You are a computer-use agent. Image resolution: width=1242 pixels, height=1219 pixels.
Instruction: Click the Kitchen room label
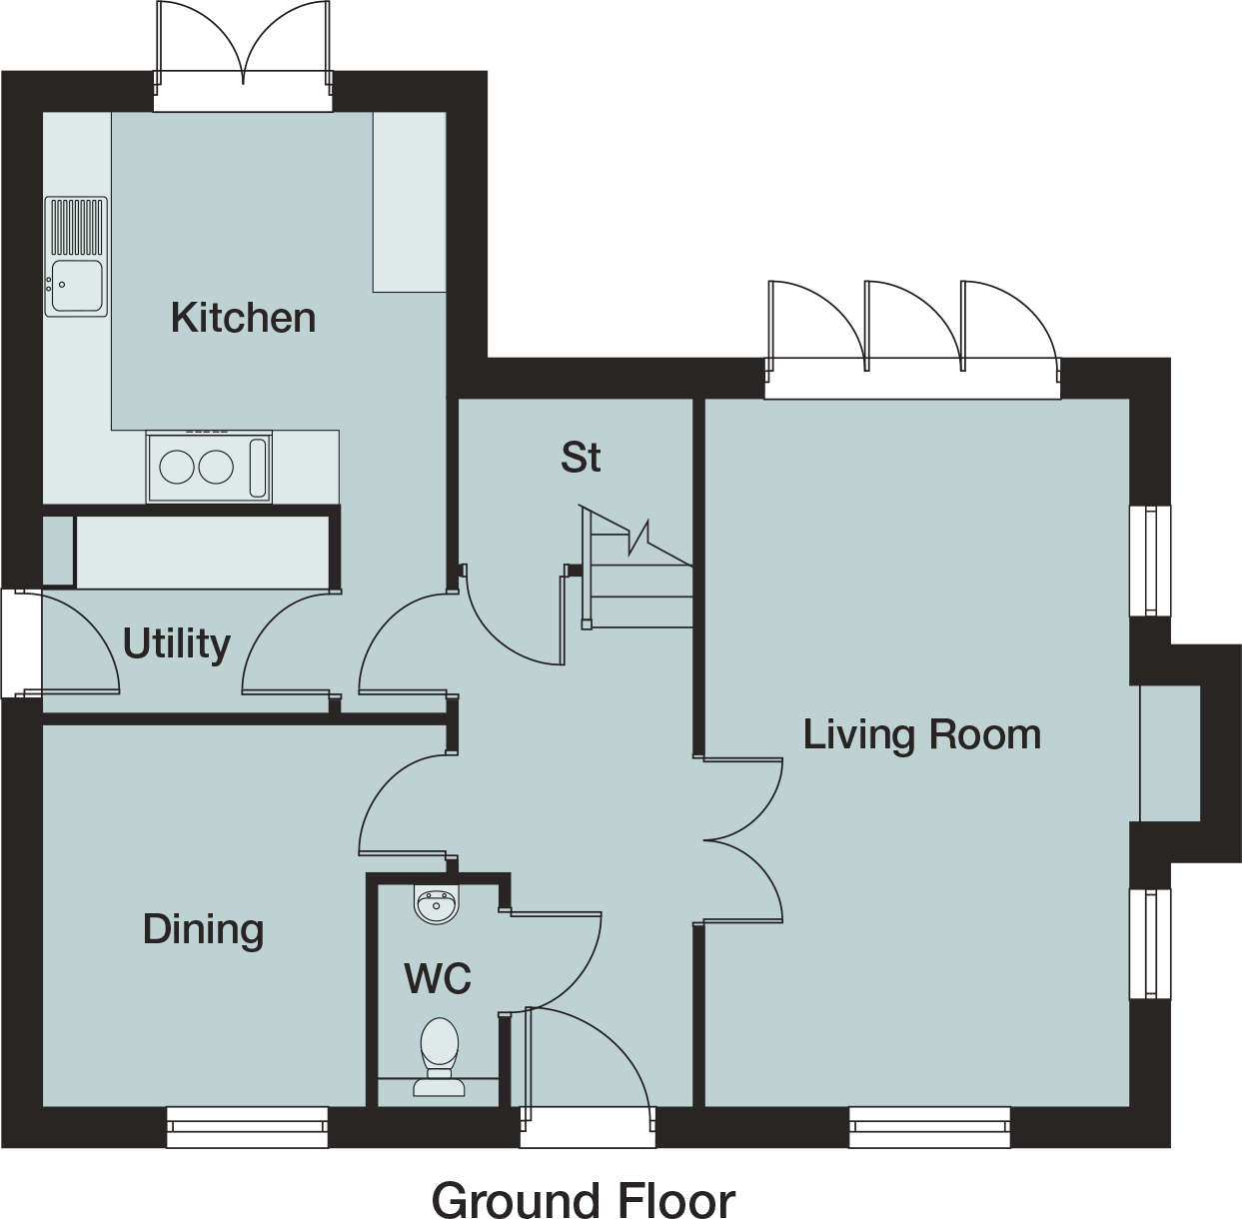pos(243,318)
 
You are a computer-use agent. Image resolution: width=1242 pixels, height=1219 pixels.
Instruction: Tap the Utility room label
pos(176,644)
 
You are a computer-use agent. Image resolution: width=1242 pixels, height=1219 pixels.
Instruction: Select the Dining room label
pos(203,930)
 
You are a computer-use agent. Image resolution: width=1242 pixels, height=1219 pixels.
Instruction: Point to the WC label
pos(438,978)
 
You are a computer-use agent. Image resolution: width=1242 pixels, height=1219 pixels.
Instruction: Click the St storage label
pos(581,457)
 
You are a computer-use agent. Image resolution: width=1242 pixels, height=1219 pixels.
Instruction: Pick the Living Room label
pos(921,735)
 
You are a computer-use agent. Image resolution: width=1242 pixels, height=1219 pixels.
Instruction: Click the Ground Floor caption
pos(584,1200)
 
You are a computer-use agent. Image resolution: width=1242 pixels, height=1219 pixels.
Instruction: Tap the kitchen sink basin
pos(77,285)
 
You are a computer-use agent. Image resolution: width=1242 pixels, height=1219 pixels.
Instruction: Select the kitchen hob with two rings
pos(209,468)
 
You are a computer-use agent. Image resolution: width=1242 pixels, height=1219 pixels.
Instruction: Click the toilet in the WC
pos(439,1056)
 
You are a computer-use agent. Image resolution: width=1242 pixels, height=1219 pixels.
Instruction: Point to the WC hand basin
pos(437,905)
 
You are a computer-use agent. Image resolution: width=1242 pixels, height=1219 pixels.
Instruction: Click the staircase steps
pos(636,568)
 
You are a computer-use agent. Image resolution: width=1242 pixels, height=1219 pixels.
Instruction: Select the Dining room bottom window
pos(248,1126)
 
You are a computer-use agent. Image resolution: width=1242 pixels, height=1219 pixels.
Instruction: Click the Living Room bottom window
pos(929,1126)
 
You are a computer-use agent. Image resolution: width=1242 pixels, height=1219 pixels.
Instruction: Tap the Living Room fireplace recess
pos(1170,753)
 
